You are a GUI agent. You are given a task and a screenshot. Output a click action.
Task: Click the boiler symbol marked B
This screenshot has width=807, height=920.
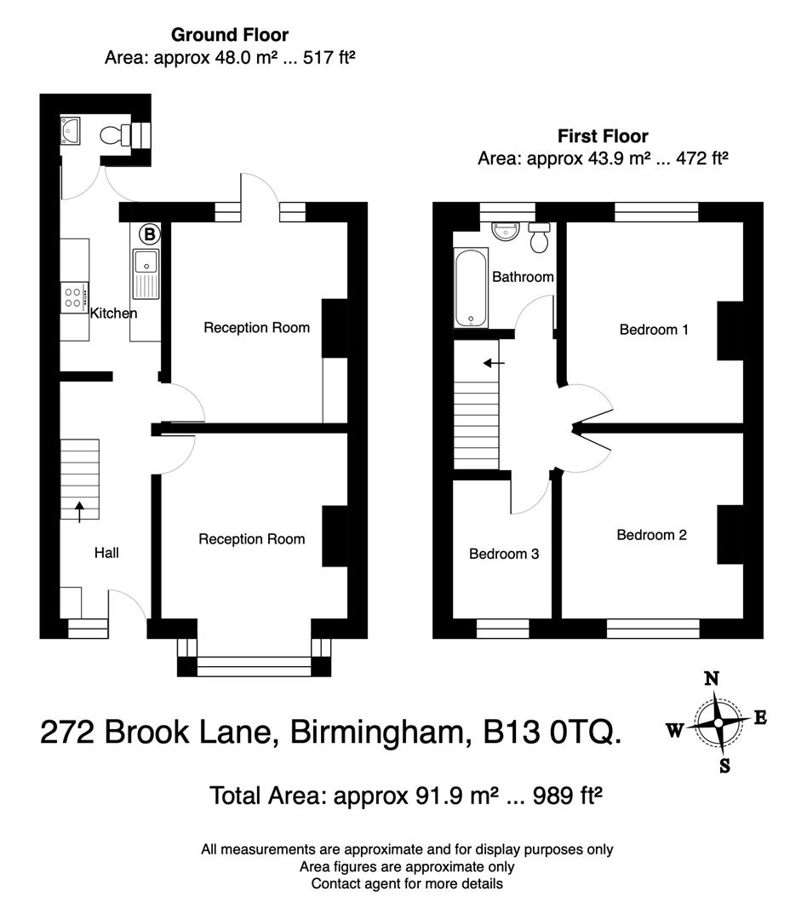coord(149,233)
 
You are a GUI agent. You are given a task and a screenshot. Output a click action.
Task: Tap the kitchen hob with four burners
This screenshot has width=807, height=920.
coord(73,297)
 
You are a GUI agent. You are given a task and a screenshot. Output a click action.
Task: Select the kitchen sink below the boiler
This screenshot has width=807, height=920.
coord(146,273)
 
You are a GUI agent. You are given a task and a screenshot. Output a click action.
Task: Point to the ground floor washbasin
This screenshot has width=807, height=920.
coord(70,130)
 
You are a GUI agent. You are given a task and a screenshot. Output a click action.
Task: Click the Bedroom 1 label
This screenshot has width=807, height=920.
coord(653,330)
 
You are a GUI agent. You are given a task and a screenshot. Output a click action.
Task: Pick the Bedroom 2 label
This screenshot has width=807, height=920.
coord(651,535)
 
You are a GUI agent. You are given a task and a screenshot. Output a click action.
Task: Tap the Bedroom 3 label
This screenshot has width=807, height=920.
coord(504,554)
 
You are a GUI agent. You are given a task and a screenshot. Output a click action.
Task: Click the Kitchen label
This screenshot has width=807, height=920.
coord(113,313)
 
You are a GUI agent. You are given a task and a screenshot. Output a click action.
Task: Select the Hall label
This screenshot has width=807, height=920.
coord(106,553)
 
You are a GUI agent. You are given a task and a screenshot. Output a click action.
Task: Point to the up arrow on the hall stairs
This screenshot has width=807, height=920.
coord(80,511)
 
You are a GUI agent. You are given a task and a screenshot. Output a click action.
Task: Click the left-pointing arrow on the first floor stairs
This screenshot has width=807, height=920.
coord(493,363)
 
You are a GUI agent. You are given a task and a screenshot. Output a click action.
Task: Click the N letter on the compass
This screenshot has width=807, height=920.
coord(712,679)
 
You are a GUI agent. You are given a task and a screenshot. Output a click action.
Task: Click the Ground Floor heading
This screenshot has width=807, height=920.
coord(230,35)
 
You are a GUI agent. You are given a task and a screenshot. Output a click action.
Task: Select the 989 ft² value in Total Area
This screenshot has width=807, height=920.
coord(568,796)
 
